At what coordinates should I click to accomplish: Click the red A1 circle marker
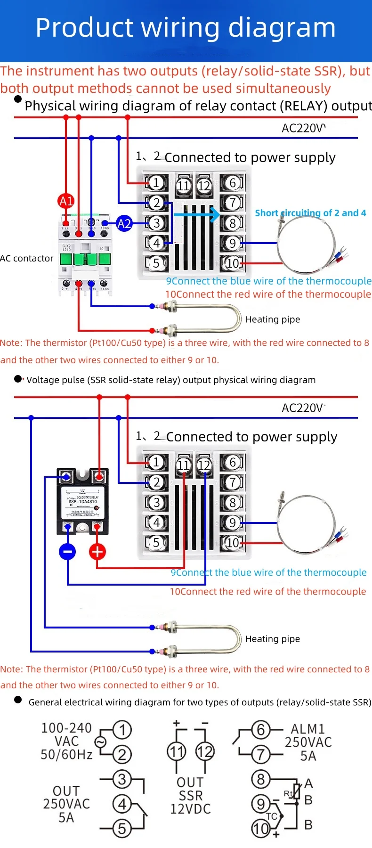[x=66, y=201]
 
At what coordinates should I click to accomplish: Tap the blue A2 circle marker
[x=124, y=223]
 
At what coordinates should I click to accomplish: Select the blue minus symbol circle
[x=68, y=552]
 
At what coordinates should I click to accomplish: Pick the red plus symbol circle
[x=97, y=552]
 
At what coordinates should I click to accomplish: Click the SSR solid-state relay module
[x=82, y=501]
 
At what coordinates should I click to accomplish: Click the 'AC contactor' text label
[x=27, y=258]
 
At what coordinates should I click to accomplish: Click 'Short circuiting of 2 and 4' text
[x=310, y=213]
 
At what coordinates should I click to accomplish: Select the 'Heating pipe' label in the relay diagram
[x=273, y=319]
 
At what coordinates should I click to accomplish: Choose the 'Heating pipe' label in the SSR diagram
[x=273, y=639]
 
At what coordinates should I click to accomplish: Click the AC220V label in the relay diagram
[x=303, y=128]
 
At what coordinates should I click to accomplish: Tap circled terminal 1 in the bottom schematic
[x=122, y=730]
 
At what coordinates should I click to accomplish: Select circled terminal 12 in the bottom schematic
[x=205, y=751]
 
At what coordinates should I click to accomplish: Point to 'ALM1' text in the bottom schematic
[x=308, y=729]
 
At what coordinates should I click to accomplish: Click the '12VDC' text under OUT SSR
[x=190, y=809]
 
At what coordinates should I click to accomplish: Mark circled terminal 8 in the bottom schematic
[x=261, y=779]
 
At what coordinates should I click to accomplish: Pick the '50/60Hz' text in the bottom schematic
[x=66, y=755]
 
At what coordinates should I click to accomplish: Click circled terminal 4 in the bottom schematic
[x=122, y=804]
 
